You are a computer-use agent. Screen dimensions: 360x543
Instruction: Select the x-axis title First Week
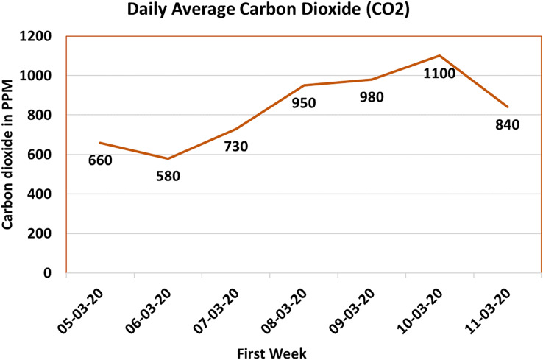271,353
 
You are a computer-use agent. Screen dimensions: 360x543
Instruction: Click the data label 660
99,160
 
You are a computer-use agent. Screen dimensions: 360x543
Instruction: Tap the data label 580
167,177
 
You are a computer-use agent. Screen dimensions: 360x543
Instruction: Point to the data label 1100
439,73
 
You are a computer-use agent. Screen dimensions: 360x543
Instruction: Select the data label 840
507,124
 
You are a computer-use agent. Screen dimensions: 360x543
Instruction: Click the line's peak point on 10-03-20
439,55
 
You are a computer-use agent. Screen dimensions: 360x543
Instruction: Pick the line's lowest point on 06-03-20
168,158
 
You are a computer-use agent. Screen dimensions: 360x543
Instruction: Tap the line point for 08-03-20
304,85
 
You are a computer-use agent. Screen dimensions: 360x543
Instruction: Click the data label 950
303,103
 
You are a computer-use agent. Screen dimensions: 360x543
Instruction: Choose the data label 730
235,146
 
